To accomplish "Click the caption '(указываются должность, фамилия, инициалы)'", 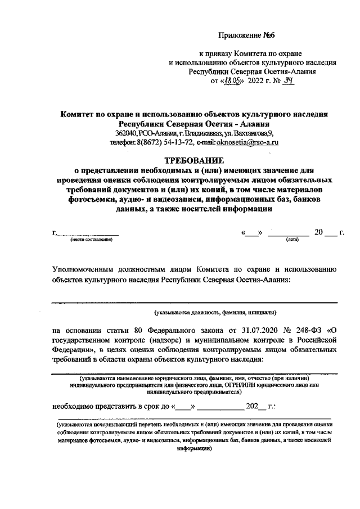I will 215,312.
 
